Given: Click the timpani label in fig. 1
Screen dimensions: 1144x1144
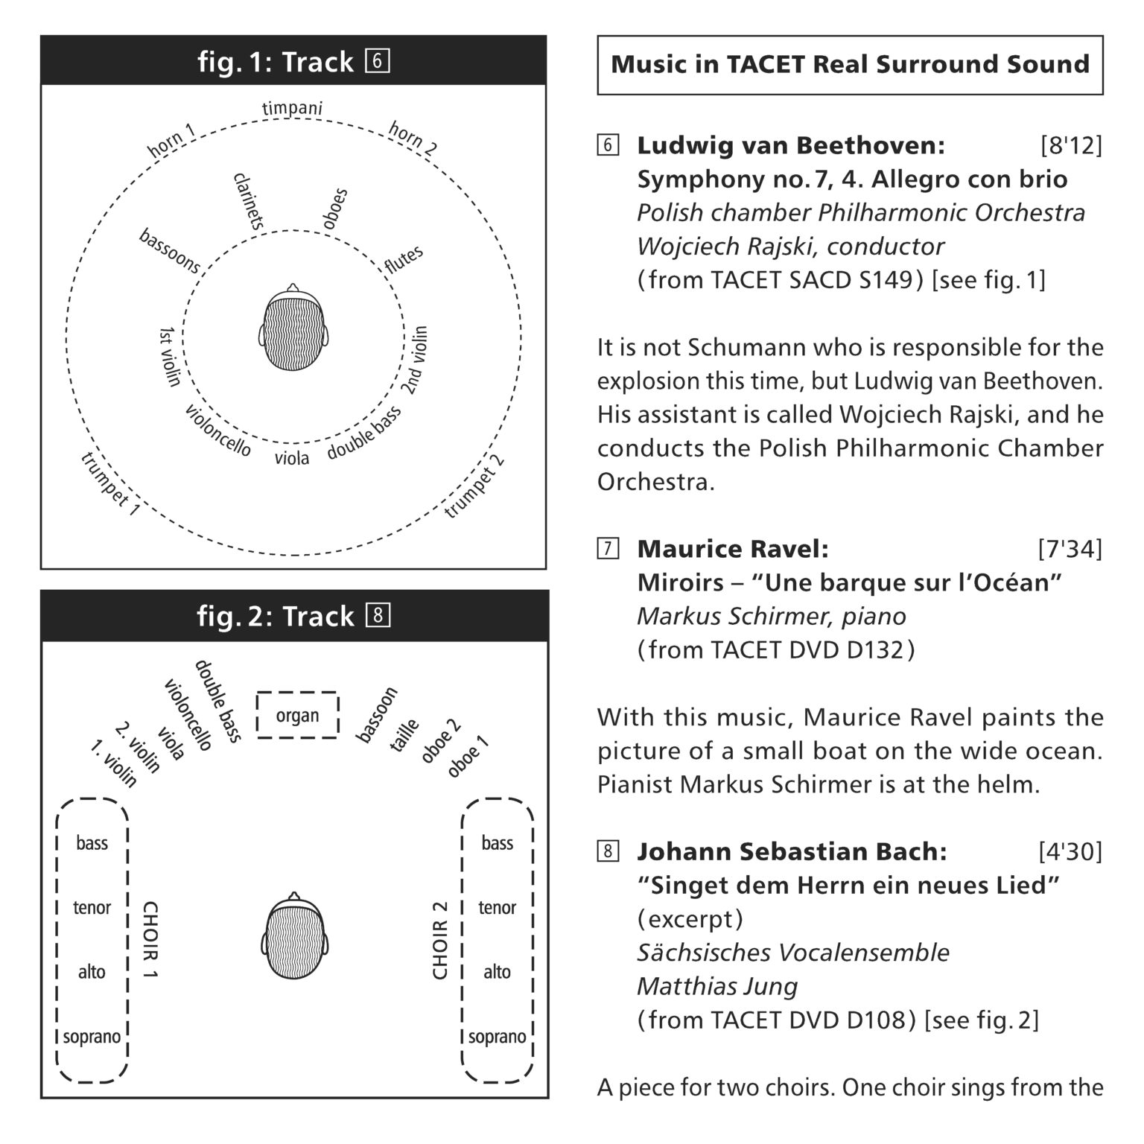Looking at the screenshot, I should (x=292, y=109).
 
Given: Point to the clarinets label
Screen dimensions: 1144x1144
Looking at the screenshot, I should (x=249, y=200).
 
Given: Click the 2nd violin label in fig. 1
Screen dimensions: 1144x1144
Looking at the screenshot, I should (x=416, y=360).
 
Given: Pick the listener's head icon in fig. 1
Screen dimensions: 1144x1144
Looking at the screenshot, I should (x=294, y=328).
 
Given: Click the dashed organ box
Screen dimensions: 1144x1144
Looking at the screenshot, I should (x=298, y=716).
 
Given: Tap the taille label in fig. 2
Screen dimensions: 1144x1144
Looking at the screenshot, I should (x=405, y=735).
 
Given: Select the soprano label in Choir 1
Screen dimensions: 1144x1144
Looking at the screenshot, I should (x=92, y=1036).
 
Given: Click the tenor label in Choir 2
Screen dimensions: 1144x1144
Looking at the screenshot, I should (x=497, y=907).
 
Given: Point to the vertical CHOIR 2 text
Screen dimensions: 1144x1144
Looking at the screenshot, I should (x=440, y=940).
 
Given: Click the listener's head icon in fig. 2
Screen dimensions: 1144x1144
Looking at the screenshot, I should (x=295, y=936).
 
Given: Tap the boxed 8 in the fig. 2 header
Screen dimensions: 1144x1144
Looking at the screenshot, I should (x=378, y=616).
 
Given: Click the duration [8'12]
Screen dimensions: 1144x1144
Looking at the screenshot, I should (x=1070, y=145).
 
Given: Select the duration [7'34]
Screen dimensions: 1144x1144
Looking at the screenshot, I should (x=1070, y=549).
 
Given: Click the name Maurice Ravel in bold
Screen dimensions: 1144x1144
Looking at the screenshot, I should (x=732, y=549).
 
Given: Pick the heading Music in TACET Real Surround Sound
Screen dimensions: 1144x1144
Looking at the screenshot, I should (x=850, y=64).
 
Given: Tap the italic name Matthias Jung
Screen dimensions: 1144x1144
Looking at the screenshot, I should (x=716, y=986).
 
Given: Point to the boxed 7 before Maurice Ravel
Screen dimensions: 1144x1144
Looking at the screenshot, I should (x=608, y=550).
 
